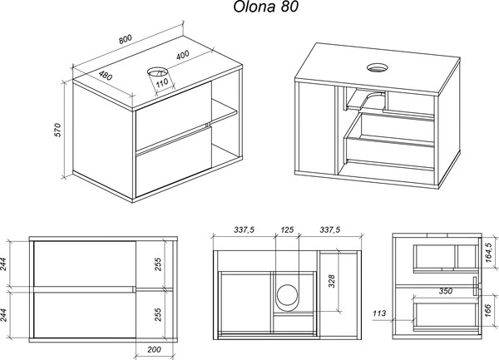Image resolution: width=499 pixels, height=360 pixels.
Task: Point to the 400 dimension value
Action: tap(182, 54)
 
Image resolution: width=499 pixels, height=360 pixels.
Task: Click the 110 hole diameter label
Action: tap(162, 81)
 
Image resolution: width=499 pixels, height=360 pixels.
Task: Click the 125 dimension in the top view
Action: tap(288, 229)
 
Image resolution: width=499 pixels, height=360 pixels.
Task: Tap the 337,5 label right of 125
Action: tap(329, 229)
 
